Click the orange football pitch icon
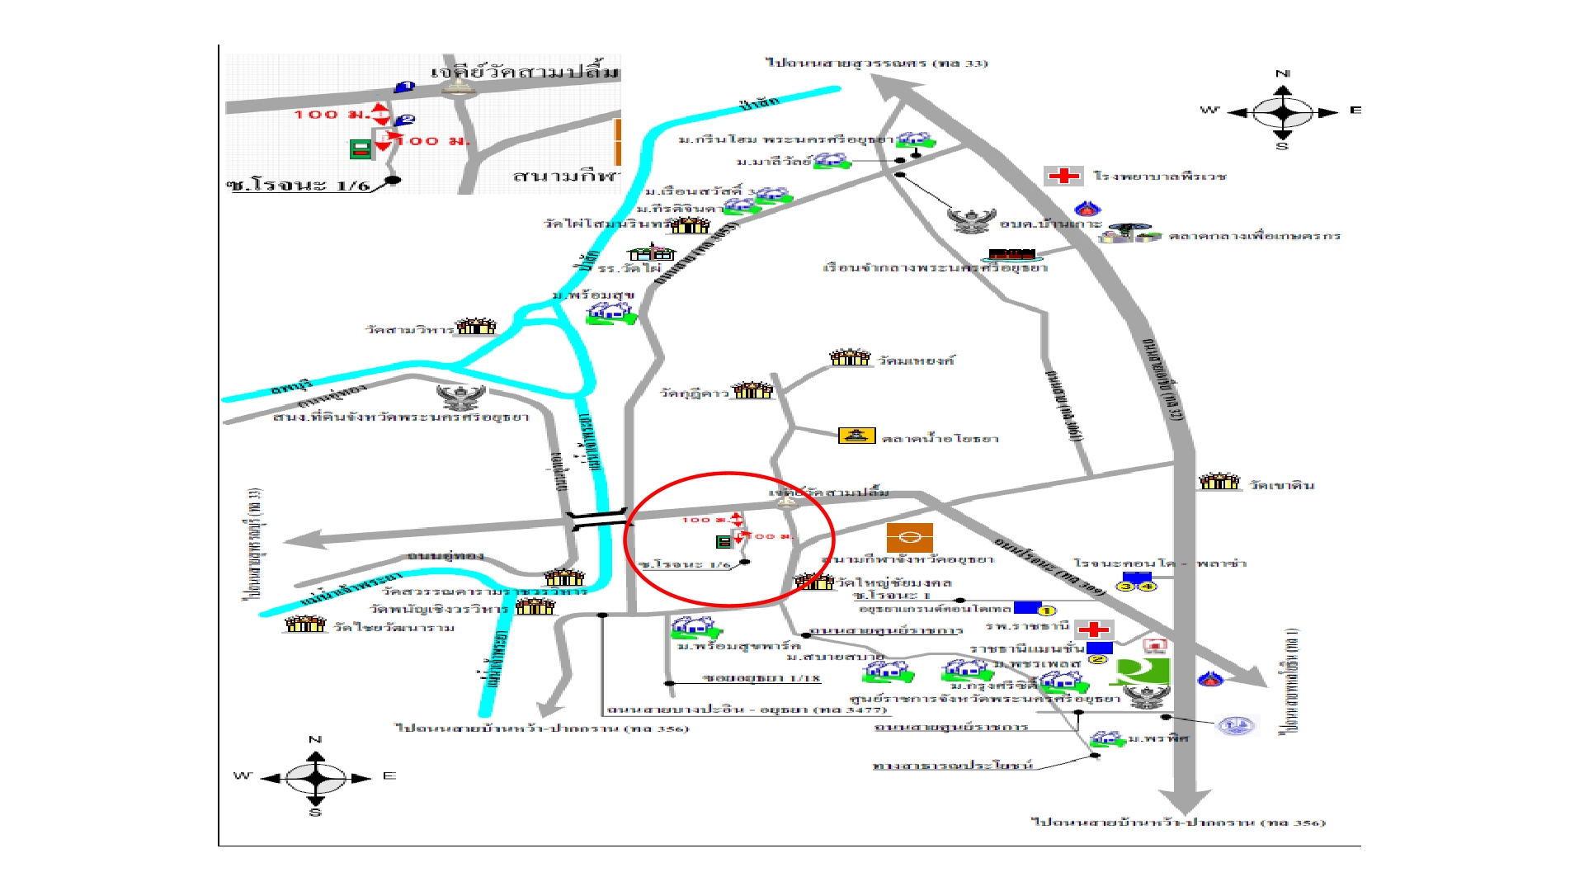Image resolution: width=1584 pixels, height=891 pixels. [x=909, y=537]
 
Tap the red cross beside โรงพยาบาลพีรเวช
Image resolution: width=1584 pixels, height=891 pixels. [x=1063, y=176]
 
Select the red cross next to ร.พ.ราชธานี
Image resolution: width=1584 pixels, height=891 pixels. [x=1094, y=629]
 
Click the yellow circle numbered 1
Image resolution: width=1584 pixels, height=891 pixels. [x=1046, y=611]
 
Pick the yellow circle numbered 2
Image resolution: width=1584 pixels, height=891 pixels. [x=1097, y=659]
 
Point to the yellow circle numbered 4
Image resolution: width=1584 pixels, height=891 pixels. [x=1148, y=586]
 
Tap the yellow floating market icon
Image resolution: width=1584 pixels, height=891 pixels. [x=856, y=436]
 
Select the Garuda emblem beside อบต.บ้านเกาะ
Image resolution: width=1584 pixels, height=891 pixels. [x=971, y=220]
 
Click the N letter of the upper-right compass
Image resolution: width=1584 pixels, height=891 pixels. [x=1283, y=74]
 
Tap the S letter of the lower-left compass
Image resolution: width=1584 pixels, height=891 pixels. [x=315, y=813]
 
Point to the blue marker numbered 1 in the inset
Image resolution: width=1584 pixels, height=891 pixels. [x=404, y=87]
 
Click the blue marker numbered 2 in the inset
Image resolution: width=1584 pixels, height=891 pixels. [x=405, y=120]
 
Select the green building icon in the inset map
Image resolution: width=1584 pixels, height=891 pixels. [x=360, y=149]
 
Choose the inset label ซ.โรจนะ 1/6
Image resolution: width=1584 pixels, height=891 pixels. [x=298, y=185]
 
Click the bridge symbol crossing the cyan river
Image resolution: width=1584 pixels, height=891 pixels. [x=598, y=520]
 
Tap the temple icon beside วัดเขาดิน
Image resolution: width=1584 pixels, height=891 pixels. [x=1219, y=481]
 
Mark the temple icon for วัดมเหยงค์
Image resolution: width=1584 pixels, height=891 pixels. [x=850, y=357]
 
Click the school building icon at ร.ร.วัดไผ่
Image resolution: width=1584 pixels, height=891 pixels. [x=651, y=252]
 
